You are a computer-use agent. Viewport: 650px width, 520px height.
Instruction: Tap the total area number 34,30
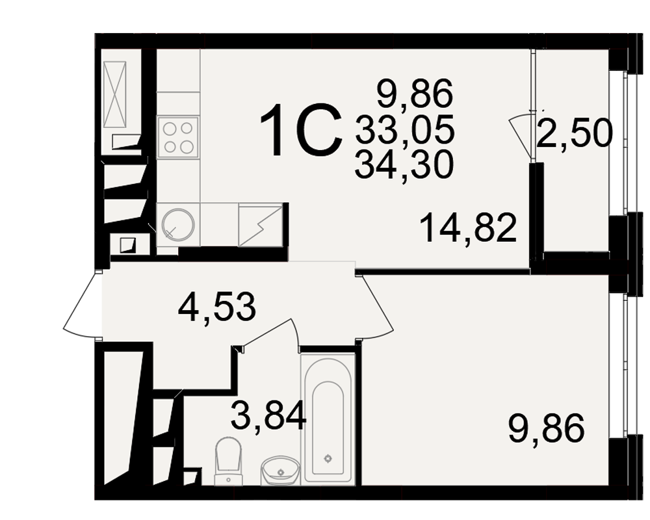[x=404, y=164]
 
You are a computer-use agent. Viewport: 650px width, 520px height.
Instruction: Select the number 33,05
[x=404, y=129]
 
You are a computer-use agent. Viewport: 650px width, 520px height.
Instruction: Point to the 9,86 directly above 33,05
[x=415, y=94]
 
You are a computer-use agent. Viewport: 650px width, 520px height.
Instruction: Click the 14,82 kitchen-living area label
[x=469, y=228]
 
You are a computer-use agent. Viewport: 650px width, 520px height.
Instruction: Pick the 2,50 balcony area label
[x=574, y=133]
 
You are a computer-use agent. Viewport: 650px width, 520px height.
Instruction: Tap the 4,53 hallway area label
[x=217, y=307]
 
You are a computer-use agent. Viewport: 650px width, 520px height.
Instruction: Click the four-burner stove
[x=178, y=137]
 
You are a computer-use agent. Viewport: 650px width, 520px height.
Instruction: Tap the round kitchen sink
[x=178, y=224]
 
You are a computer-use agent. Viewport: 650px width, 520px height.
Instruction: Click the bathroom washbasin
[x=280, y=471]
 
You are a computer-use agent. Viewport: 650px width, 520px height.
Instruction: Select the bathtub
[x=328, y=418]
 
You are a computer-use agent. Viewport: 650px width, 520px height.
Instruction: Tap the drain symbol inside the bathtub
[x=328, y=458]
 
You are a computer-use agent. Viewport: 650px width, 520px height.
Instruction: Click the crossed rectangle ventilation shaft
[x=115, y=94]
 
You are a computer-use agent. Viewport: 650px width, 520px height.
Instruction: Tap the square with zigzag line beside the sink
[x=261, y=224]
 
